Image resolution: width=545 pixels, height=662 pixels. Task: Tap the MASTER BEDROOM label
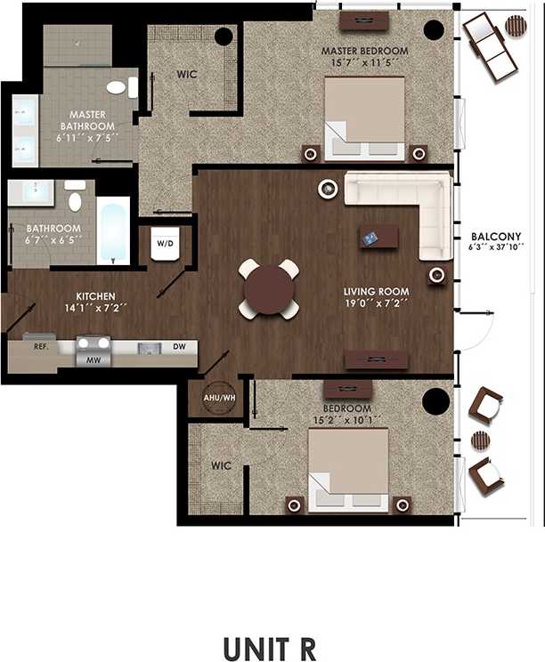point(365,52)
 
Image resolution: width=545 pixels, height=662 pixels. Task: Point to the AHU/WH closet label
point(219,398)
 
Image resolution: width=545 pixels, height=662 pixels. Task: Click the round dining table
point(268,288)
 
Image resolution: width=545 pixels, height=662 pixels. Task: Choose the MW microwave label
point(92,360)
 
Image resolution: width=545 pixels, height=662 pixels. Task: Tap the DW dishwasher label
point(179,346)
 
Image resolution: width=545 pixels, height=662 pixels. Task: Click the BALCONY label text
point(490,237)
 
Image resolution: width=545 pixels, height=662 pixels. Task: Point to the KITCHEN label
point(95,296)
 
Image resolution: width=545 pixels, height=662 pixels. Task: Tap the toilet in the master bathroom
point(118,87)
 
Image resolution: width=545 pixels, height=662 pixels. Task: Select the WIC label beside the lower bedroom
point(221,465)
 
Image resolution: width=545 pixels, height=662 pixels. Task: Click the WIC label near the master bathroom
point(187,74)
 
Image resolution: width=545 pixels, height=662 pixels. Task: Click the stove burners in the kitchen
point(93,342)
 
